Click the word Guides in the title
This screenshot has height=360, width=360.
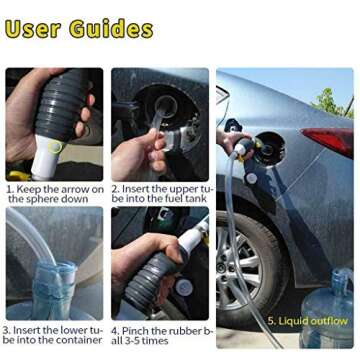coord(110,28)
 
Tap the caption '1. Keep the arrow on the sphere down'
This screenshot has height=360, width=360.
coord(54,194)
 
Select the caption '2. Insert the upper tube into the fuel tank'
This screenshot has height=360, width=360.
coord(161,194)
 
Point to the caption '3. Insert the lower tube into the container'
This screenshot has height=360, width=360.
coord(53,334)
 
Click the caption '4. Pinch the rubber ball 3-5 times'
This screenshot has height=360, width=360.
coord(161,334)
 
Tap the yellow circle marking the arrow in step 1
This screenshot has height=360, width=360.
coord(55,147)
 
